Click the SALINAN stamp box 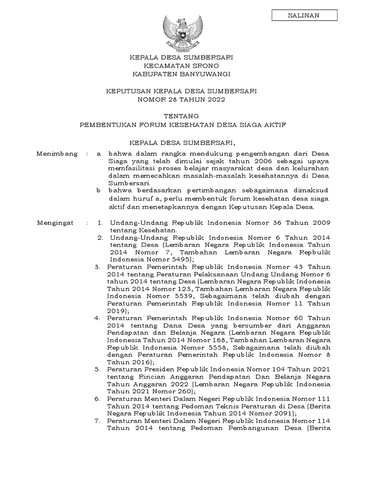click(304, 15)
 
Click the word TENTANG click(182, 116)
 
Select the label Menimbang click(57, 154)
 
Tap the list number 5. click(97, 369)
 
